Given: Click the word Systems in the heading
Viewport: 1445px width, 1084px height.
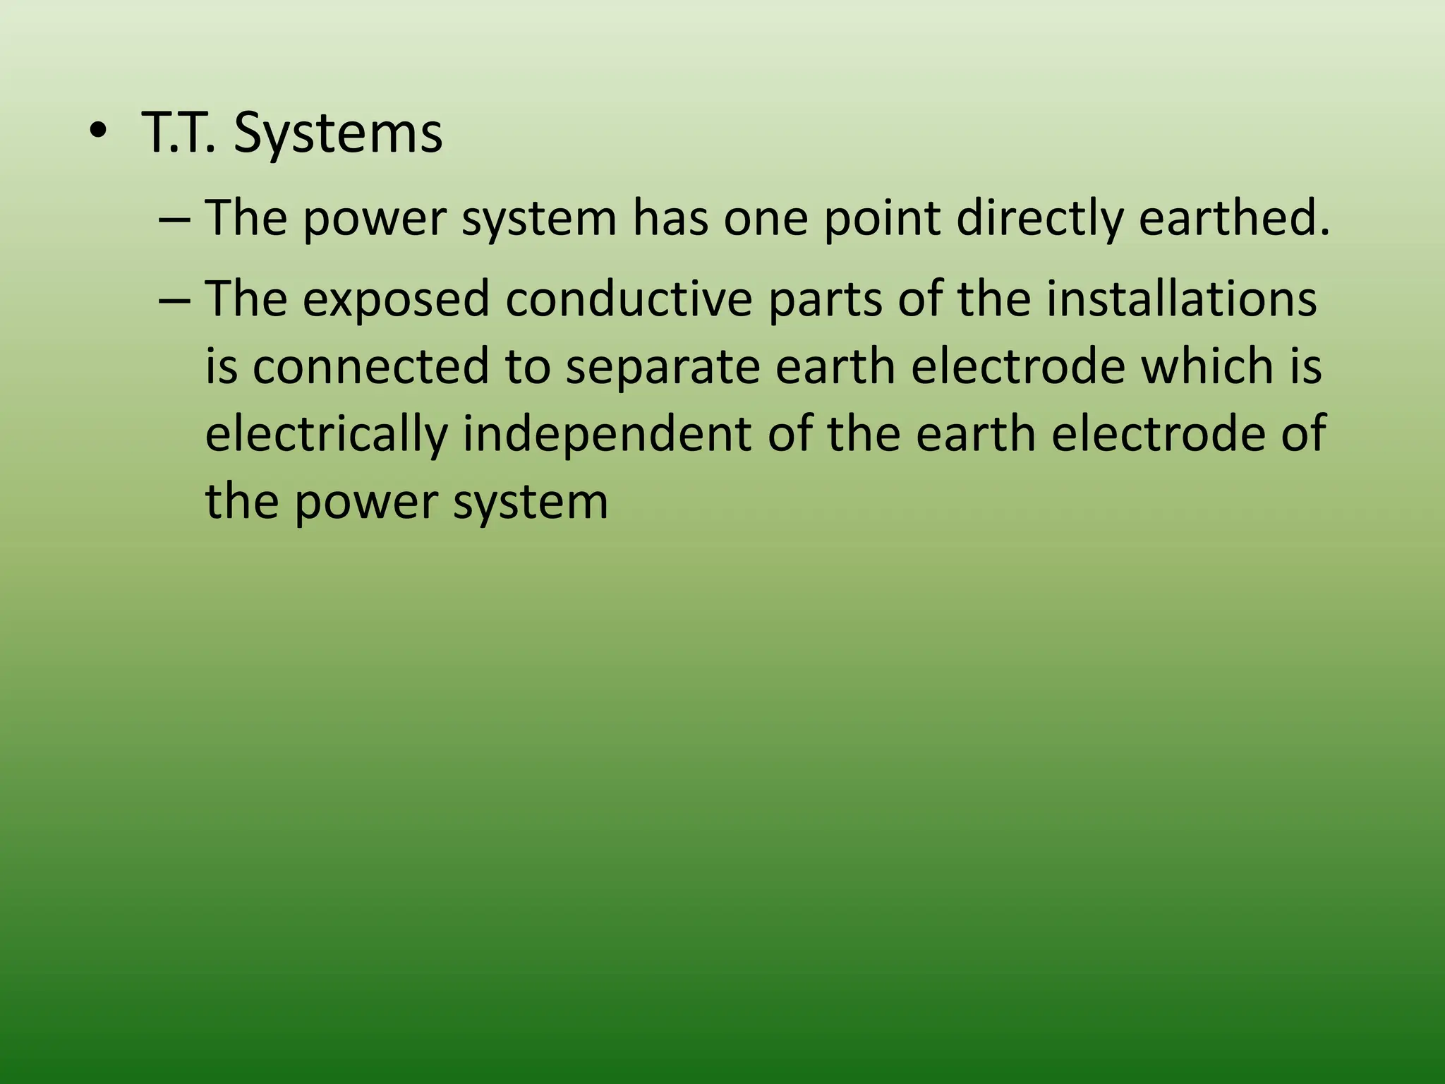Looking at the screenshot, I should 338,133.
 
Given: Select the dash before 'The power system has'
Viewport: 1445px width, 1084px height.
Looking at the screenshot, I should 174,218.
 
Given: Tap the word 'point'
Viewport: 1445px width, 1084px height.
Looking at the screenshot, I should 882,218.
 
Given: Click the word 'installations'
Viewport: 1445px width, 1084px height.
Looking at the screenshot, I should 1180,299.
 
